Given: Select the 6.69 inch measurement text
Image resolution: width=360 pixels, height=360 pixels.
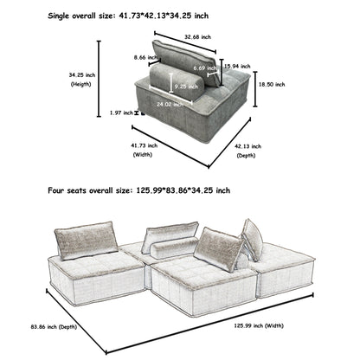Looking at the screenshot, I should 204,67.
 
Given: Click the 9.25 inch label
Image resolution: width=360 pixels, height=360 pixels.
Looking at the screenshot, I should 185,87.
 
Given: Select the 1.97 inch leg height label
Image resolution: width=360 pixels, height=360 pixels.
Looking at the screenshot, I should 121,112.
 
